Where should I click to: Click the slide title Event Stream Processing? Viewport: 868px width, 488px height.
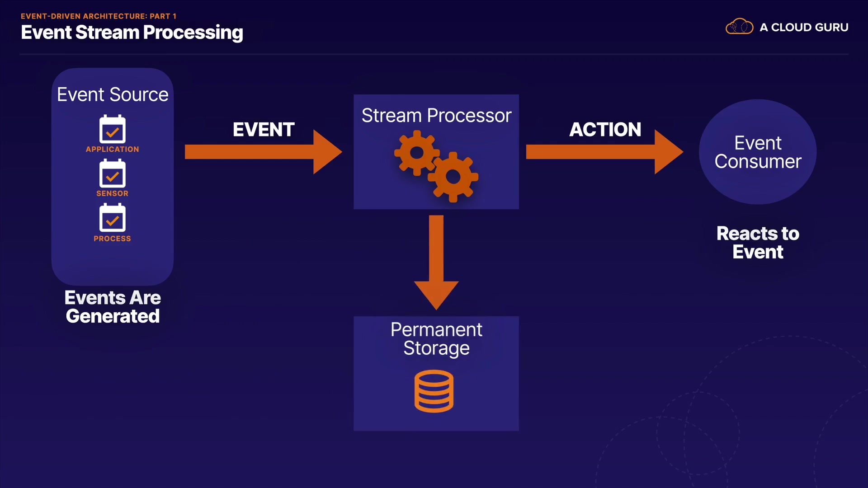132,33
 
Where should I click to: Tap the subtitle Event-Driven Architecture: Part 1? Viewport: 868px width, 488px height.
98,16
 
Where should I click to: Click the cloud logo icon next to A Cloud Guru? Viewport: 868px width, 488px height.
739,27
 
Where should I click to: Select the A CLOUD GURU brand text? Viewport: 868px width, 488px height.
804,28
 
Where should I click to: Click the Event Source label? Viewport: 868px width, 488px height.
113,94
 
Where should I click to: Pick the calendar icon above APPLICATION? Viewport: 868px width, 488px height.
113,129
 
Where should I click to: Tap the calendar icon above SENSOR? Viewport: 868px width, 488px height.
113,174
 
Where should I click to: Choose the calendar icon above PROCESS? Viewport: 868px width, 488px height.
113,218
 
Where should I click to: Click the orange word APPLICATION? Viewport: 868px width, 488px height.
113,149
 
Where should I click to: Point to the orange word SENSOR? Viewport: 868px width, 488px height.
113,193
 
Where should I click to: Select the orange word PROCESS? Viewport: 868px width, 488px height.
113,239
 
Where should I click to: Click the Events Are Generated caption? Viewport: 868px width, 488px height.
113,307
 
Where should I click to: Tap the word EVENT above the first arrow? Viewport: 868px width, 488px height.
264,130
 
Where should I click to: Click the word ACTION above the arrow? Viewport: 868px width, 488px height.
605,130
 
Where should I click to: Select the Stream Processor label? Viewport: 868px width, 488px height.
436,116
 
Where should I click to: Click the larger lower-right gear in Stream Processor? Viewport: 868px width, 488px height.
453,177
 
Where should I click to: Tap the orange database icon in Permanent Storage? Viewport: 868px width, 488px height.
434,391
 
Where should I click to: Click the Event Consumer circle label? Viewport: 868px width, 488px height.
758,152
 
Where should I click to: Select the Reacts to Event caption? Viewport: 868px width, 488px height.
758,243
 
